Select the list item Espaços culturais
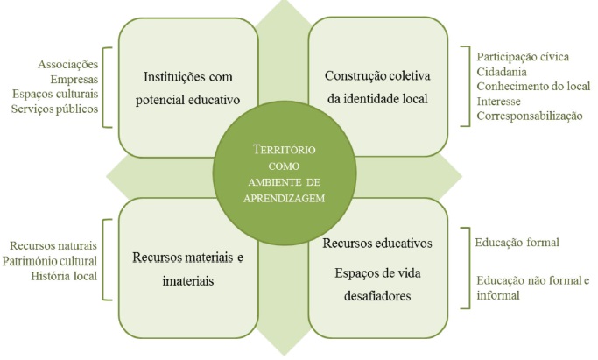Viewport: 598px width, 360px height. point(56,94)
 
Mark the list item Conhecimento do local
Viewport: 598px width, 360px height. point(532,86)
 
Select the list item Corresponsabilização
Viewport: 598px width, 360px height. point(529,115)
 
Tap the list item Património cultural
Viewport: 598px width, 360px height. point(50,260)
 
